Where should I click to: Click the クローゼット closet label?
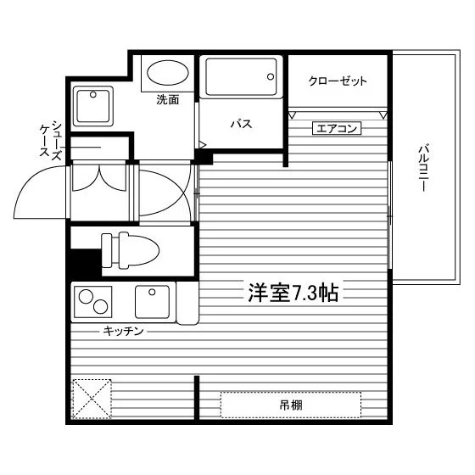click(338, 81)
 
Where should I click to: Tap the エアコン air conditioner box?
click(337, 128)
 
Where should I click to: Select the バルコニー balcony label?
click(424, 168)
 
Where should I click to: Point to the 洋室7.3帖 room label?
click(293, 293)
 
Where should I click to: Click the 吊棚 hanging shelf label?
click(291, 405)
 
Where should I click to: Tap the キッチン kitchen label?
click(123, 331)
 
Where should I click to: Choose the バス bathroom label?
click(242, 124)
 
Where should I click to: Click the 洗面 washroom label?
click(168, 100)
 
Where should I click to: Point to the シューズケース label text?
click(51, 139)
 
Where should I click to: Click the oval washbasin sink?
click(168, 73)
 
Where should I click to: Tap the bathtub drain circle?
click(271, 76)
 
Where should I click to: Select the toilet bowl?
click(139, 250)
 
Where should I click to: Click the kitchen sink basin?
click(152, 302)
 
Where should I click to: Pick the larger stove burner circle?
click(86, 297)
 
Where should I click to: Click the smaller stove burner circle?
click(101, 306)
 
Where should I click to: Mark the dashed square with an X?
click(92, 399)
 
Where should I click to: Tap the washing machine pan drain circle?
click(93, 94)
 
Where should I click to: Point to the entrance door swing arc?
click(29, 182)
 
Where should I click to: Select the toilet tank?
click(107, 250)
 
